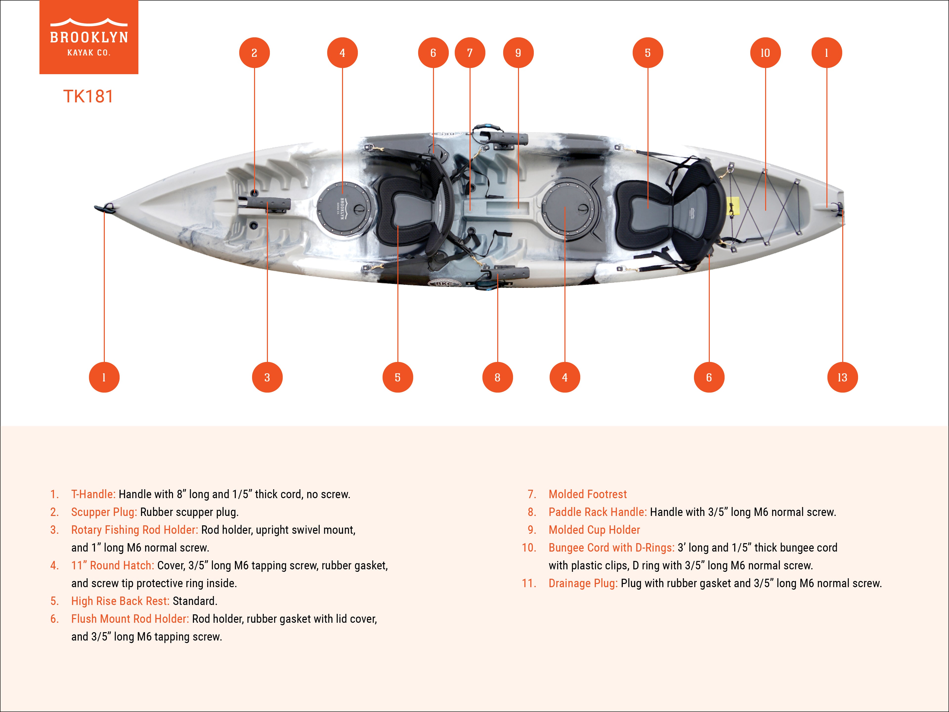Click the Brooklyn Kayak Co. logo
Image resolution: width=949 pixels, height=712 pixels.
point(89,37)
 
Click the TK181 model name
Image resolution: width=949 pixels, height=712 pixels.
point(88,97)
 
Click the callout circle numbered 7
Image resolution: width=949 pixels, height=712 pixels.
point(470,53)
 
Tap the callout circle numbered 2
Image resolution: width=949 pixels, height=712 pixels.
point(254,53)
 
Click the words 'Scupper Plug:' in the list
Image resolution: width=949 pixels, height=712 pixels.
point(104,512)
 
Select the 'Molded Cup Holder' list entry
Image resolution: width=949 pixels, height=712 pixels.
point(594,530)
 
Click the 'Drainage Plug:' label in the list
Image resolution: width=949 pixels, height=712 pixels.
point(582,583)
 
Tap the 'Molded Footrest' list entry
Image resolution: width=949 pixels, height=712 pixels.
point(587,494)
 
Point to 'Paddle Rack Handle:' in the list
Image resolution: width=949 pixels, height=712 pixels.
point(597,512)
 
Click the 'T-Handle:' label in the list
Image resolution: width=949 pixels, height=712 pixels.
point(93,494)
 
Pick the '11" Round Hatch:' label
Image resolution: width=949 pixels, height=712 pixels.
point(112,566)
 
